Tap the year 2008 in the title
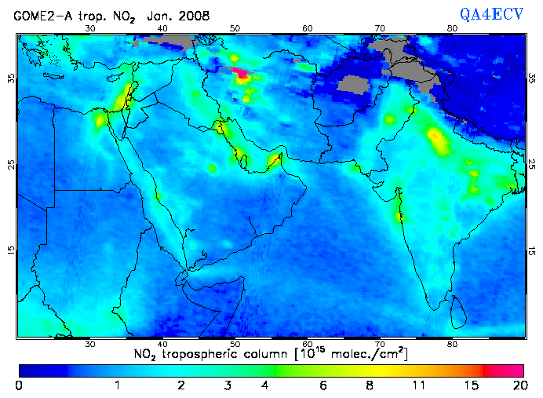[194, 16]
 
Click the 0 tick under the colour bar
[18, 385]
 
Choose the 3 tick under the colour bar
[227, 385]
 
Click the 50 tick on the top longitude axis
[235, 28]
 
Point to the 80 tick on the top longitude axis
[452, 28]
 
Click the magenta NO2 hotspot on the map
[242, 75]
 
